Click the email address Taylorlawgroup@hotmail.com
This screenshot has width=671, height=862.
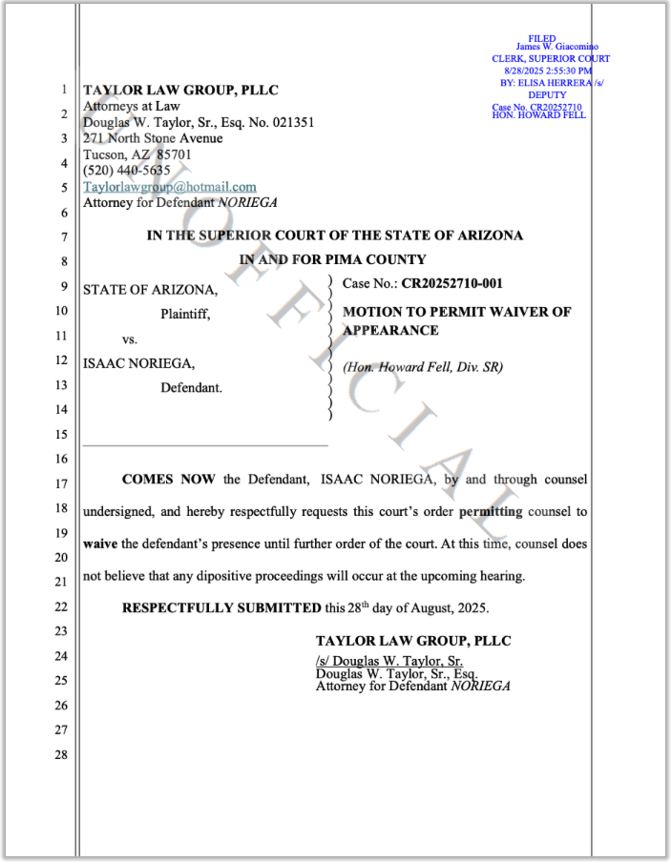tap(170, 187)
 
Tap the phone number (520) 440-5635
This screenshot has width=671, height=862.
tap(127, 171)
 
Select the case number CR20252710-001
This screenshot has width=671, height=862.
tap(451, 283)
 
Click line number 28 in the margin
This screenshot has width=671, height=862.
tap(62, 754)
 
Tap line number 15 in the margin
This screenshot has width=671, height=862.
tap(62, 434)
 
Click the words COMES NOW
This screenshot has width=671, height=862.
tap(170, 478)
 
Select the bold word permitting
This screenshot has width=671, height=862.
tap(491, 511)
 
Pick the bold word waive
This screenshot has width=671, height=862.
tap(100, 544)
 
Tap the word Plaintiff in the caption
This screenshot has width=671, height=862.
tap(185, 313)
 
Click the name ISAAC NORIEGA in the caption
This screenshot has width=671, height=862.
tap(139, 362)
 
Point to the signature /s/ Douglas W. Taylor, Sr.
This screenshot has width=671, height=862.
tap(389, 661)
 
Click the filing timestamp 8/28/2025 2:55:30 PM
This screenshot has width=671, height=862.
tap(548, 71)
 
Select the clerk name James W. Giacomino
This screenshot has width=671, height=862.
tap(556, 47)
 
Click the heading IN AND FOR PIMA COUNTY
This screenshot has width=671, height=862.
tap(332, 259)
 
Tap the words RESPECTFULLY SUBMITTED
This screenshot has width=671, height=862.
tap(221, 607)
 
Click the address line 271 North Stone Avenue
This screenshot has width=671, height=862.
tap(153, 138)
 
